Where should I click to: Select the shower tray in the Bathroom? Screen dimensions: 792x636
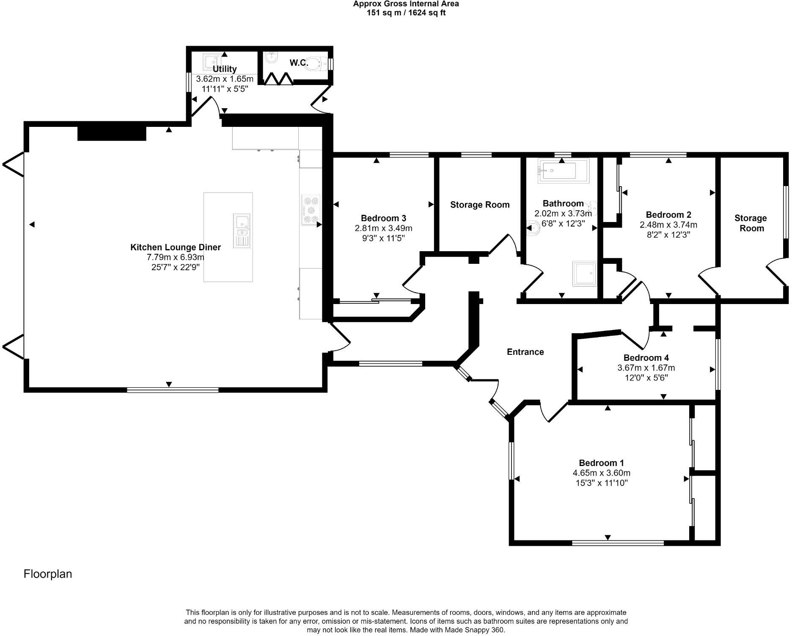585,274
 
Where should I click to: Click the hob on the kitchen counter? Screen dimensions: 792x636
311,210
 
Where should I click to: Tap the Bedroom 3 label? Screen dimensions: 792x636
383,218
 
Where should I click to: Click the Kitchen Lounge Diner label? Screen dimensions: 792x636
176,247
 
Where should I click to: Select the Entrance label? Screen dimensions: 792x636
525,352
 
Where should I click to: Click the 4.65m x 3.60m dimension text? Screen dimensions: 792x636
602,473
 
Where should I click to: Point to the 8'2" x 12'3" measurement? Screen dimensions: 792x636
668,235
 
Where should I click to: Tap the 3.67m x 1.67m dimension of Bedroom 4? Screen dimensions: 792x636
646,368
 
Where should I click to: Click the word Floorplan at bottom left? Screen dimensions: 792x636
48,574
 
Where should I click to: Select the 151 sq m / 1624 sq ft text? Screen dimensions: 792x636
406,13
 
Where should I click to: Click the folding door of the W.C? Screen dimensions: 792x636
279,79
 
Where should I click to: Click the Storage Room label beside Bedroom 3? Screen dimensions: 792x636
480,205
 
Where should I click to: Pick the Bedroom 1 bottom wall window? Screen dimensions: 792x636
618,543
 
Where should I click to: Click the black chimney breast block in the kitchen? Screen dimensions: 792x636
112,133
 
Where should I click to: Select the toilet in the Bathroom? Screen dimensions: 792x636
534,228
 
